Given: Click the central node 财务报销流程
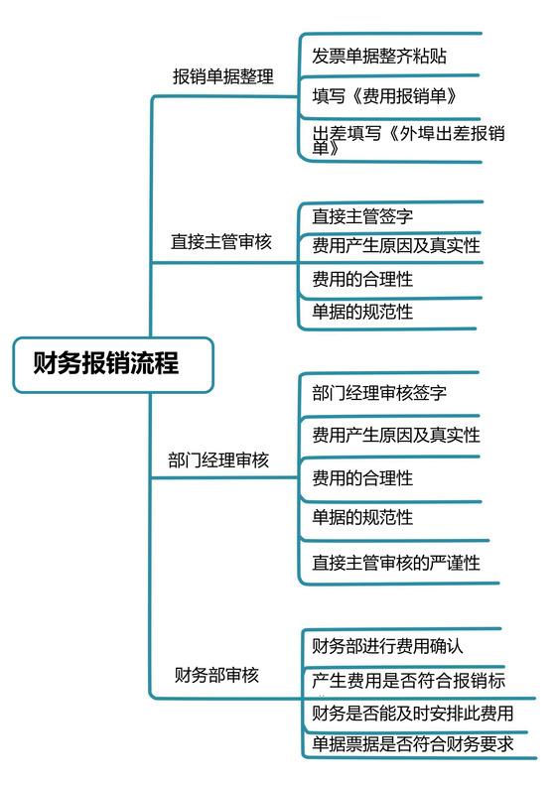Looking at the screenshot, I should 106,363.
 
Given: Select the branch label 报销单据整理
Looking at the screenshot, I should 223,76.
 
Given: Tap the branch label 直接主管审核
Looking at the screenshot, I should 220,241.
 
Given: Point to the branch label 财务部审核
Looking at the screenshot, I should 217,675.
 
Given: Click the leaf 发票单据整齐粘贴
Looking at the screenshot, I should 379,56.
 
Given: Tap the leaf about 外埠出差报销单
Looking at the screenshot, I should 407,140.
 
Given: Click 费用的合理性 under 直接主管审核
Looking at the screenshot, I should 362,280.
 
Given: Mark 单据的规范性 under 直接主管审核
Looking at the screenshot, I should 362,312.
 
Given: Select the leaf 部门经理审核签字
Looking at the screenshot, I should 379,392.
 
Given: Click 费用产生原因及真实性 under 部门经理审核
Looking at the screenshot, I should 396,435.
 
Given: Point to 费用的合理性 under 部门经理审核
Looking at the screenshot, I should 362,477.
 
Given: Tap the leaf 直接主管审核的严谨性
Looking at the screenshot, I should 396,563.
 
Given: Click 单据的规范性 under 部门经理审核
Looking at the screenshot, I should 362,517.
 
